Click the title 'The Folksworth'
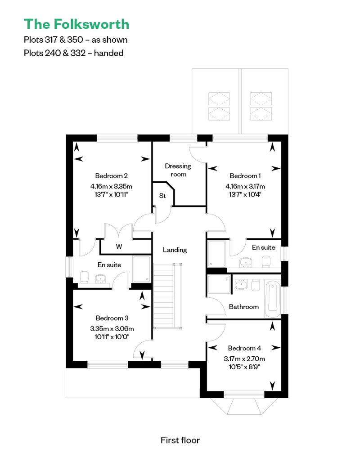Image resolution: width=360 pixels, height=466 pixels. point(76,24)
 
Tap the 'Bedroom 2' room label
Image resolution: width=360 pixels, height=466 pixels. point(112,175)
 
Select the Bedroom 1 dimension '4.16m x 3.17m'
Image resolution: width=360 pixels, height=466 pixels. point(245,186)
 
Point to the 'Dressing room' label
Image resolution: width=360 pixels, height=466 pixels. point(178,170)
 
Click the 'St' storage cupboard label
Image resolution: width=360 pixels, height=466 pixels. point(162,196)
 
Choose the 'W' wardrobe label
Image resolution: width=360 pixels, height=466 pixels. point(119,246)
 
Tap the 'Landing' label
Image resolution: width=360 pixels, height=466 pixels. point(175,250)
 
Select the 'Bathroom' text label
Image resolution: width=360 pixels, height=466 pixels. point(244,307)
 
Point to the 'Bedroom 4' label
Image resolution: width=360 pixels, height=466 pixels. point(244,348)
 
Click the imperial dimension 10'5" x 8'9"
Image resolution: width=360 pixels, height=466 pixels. point(244,367)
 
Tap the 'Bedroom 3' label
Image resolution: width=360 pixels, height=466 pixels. point(112,318)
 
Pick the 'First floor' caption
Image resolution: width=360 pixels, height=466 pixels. point(180,440)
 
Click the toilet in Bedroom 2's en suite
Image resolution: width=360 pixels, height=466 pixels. point(85,277)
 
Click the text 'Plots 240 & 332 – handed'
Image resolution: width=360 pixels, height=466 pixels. point(73,53)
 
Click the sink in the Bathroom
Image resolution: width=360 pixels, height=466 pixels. point(241,284)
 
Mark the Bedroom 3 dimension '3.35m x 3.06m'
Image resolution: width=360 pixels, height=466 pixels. point(112,329)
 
